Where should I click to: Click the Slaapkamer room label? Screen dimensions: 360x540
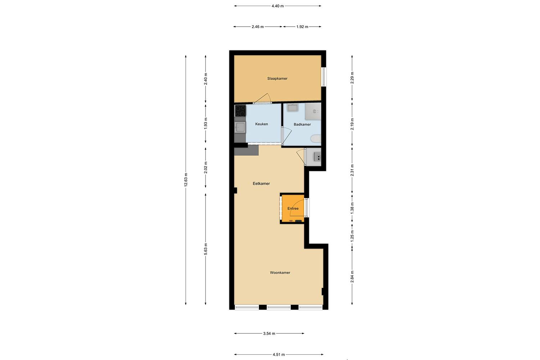pyautogui.click(x=277, y=78)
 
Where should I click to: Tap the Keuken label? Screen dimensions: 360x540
pyautogui.click(x=261, y=124)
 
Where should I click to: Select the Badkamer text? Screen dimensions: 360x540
pyautogui.click(x=302, y=125)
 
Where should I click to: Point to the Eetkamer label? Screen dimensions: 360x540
pyautogui.click(x=261, y=184)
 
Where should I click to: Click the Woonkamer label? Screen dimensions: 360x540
pyautogui.click(x=280, y=273)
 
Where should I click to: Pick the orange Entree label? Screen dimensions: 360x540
pyautogui.click(x=293, y=208)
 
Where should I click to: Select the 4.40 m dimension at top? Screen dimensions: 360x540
pyautogui.click(x=277, y=6)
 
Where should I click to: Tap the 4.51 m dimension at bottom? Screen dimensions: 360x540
pyautogui.click(x=278, y=355)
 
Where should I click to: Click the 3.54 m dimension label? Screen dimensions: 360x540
pyautogui.click(x=269, y=333)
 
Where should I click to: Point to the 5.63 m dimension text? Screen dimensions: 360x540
pyautogui.click(x=206, y=249)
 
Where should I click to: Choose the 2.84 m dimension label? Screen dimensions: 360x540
pyautogui.click(x=352, y=276)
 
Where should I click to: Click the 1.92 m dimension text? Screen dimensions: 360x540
pyautogui.click(x=302, y=27)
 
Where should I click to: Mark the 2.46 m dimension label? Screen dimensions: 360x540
pyautogui.click(x=258, y=27)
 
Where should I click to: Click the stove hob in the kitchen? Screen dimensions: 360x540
pyautogui.click(x=240, y=110)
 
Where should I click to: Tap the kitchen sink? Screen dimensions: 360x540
pyautogui.click(x=240, y=127)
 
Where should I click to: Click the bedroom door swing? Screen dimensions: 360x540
pyautogui.click(x=266, y=98)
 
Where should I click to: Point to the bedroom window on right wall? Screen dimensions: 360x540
pyautogui.click(x=324, y=76)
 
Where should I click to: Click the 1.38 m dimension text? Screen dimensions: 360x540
pyautogui.click(x=352, y=208)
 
